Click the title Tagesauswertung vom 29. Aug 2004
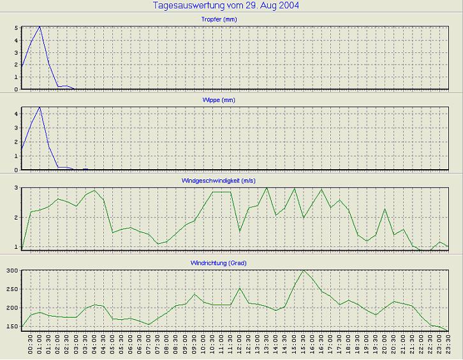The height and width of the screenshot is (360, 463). click(226, 6)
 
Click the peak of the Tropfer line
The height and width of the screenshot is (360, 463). click(40, 26)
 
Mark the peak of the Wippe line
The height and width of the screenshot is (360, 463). click(40, 107)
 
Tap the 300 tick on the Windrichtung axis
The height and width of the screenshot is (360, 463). click(11, 271)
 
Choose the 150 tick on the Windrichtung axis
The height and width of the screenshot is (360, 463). click(11, 326)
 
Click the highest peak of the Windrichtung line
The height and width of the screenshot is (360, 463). click(304, 270)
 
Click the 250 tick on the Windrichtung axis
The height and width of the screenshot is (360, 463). click(11, 289)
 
